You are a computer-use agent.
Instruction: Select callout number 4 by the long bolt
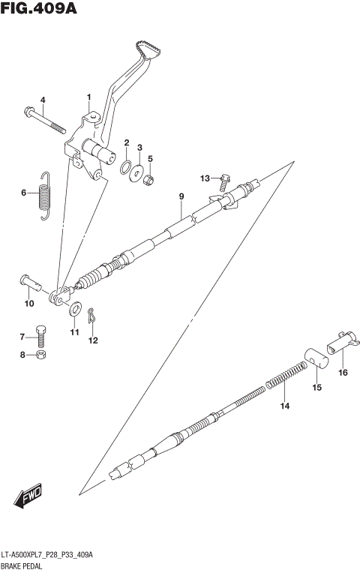43,100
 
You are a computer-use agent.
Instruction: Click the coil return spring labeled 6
46,194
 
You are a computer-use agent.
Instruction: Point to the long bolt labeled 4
46,119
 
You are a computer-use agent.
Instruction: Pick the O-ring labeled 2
127,166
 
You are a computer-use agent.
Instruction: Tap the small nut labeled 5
150,180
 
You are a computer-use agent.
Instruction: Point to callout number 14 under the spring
284,406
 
